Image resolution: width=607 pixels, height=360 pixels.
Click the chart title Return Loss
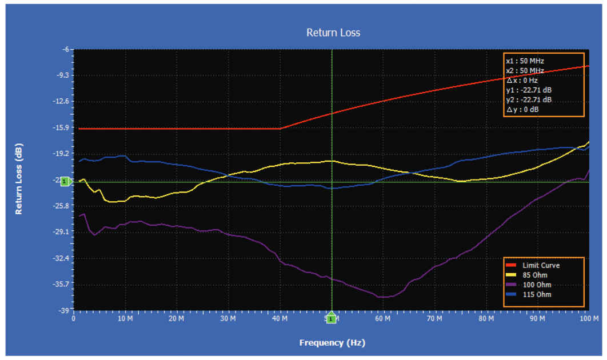[x=333, y=33]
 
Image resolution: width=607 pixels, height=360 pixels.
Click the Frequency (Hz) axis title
[x=332, y=343]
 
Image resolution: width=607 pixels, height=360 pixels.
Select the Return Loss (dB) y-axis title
[x=19, y=178]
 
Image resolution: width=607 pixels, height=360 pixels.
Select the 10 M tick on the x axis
[x=126, y=318]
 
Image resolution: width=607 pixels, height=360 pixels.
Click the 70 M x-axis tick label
[x=435, y=318]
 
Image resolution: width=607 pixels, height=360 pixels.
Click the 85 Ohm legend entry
[x=534, y=275]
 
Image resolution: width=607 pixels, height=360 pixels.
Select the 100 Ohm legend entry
[x=536, y=285]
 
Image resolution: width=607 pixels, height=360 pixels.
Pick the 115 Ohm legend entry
[x=536, y=294]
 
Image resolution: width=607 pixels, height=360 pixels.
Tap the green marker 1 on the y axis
[x=65, y=182]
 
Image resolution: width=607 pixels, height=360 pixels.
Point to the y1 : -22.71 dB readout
[x=529, y=90]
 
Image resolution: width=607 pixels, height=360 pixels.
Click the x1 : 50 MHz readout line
[x=525, y=61]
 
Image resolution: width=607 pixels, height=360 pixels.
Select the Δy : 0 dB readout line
[x=522, y=110]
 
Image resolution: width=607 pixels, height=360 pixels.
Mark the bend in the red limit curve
[x=281, y=128]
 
